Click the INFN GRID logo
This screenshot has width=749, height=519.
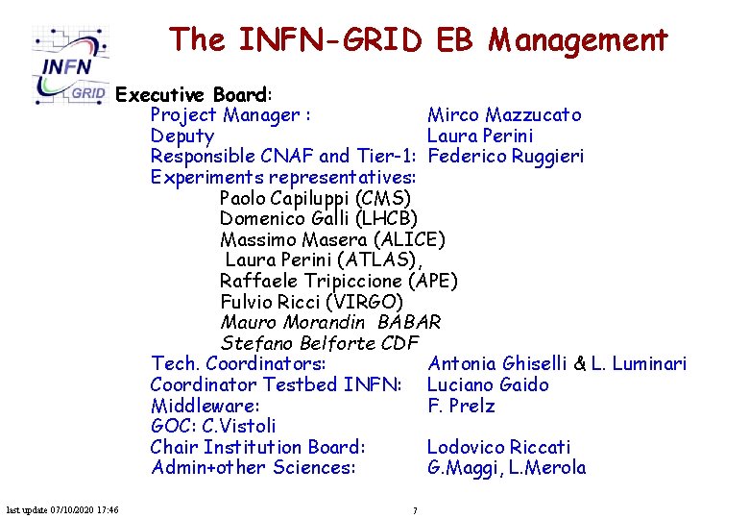point(71,65)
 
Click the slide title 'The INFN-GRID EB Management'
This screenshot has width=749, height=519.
point(418,39)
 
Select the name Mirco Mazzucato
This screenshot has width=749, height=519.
point(503,115)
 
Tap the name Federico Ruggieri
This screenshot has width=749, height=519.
point(505,156)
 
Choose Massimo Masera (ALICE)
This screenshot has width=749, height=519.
point(332,239)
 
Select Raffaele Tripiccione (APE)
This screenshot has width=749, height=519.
point(338,281)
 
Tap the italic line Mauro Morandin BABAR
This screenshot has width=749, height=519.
point(330,323)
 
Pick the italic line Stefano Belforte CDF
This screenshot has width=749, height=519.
point(320,343)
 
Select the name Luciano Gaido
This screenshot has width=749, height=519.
point(488,385)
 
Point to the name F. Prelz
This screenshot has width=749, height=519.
point(461,406)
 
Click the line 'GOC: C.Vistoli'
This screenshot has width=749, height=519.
point(213,426)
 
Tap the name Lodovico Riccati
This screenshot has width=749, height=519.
point(498,447)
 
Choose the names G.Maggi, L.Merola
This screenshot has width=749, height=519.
point(506,468)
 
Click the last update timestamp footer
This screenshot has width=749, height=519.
point(62,509)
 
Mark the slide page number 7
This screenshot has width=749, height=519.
point(415,510)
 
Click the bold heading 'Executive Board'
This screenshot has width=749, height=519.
point(192,95)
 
